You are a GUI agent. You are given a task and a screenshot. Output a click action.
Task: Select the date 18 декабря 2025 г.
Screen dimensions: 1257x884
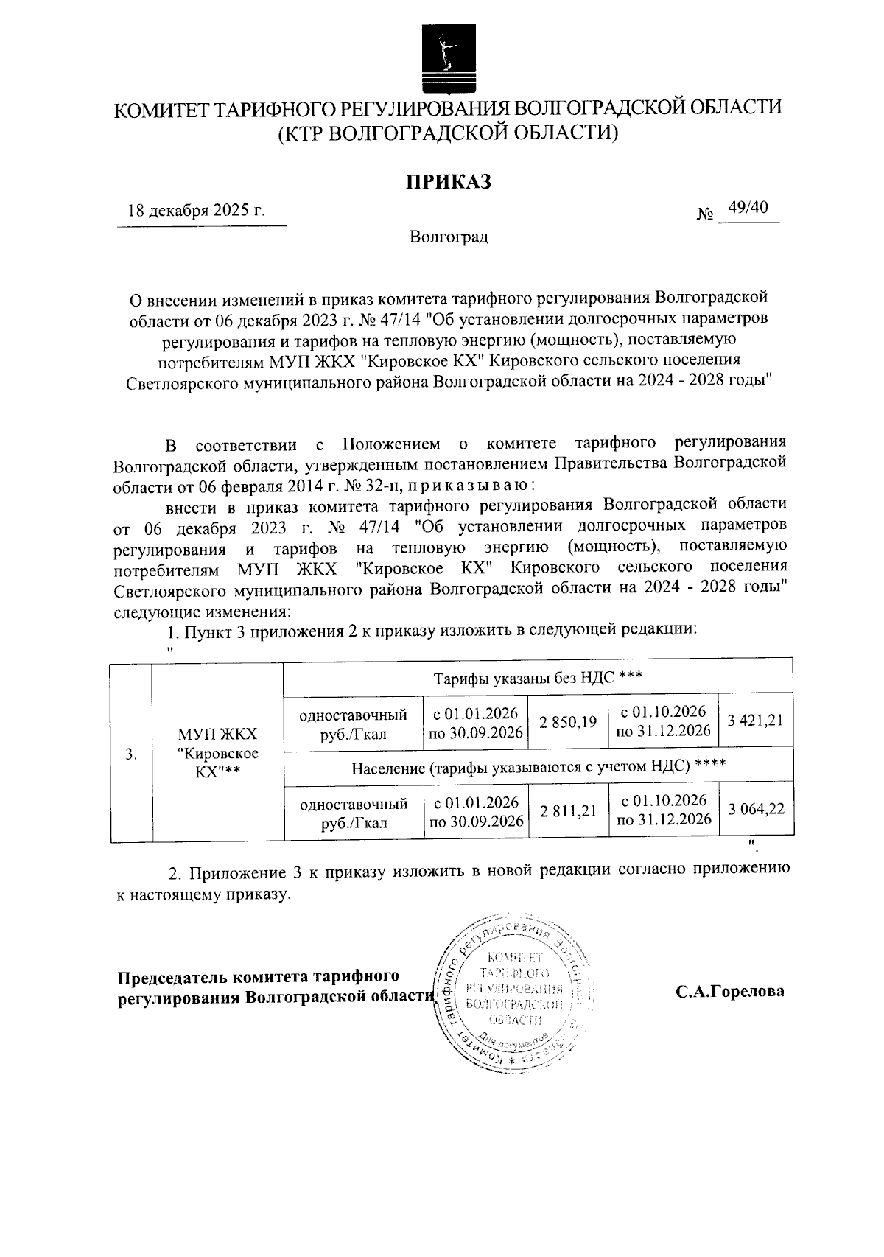coord(196,210)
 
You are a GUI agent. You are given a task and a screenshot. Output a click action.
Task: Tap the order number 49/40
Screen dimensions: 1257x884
coord(747,208)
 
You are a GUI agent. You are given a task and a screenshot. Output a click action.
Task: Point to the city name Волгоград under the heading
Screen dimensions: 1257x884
coord(449,237)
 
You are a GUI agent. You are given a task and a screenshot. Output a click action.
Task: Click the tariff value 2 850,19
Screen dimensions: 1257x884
coord(568,722)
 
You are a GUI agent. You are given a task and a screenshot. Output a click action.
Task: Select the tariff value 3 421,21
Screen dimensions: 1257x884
coord(755,721)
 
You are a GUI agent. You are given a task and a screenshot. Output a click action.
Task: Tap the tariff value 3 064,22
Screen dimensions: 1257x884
coord(756,809)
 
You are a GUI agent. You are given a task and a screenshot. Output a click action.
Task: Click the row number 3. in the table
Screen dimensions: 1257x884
coord(131,753)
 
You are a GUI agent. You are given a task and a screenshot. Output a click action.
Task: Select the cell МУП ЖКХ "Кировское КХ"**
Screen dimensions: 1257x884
coord(217,753)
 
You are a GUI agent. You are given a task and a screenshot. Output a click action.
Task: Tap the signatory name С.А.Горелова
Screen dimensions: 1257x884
coord(730,991)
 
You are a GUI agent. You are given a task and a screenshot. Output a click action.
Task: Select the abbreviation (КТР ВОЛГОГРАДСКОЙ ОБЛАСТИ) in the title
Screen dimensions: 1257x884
coord(447,133)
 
